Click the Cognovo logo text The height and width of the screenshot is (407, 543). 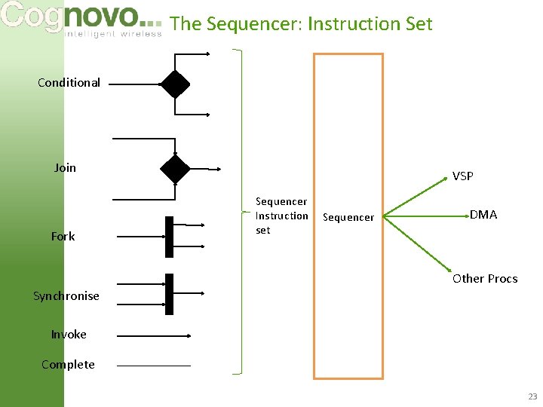72,17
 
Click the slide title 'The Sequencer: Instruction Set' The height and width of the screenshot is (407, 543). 302,23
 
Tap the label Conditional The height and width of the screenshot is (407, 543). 69,82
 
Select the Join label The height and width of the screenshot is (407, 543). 65,167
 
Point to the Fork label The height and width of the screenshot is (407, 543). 63,236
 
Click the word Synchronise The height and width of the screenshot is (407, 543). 66,295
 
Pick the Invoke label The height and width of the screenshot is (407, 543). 69,334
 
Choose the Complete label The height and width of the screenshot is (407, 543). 68,364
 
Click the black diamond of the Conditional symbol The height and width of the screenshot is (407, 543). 175,84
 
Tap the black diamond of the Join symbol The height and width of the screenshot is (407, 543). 175,169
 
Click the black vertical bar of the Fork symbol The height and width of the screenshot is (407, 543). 170,237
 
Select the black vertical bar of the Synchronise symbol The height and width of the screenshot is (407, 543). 170,294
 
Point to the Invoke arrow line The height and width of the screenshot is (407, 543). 155,336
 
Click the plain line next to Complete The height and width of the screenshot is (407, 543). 154,366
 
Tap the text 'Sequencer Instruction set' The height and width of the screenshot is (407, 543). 281,216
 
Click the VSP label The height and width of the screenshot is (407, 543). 462,176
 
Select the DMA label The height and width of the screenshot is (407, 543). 483,215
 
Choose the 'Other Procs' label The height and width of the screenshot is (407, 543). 485,278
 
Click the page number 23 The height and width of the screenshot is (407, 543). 532,396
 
